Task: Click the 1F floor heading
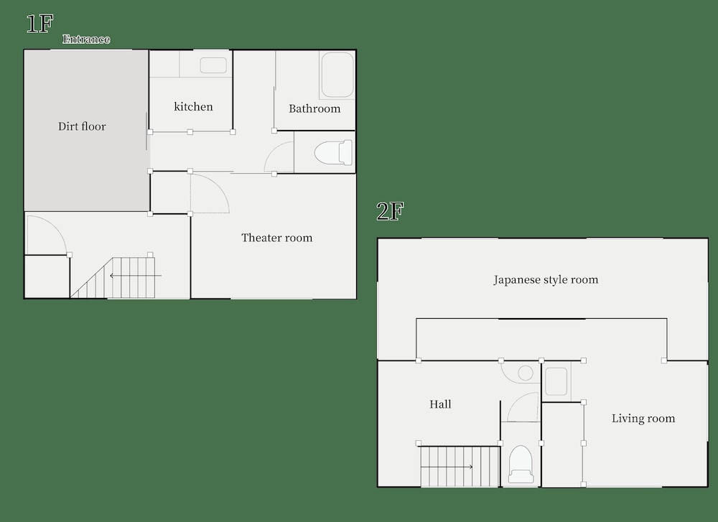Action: [x=39, y=24]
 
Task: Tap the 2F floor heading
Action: [x=390, y=211]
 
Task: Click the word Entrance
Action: [x=86, y=39]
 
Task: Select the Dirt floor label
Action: [x=82, y=126]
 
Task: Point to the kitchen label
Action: [x=193, y=107]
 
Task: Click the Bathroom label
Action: [x=314, y=108]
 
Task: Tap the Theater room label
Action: [x=276, y=238]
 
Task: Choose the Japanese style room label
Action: [x=546, y=280]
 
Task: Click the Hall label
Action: [x=440, y=404]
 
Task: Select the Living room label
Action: [x=643, y=419]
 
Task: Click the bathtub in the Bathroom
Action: [x=337, y=75]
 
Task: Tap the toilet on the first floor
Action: [x=333, y=152]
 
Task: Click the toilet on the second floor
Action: [x=521, y=465]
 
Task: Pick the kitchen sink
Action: [x=213, y=65]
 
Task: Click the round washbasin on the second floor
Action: [x=526, y=373]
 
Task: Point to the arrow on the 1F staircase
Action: [x=136, y=276]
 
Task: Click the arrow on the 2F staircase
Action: [x=447, y=467]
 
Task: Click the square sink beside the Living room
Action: [x=556, y=381]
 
